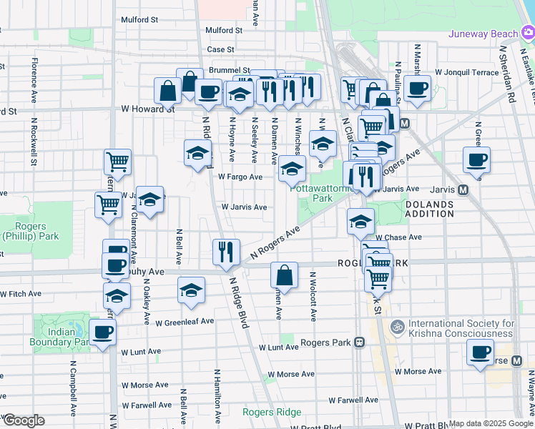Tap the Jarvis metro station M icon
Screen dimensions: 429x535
(463, 190)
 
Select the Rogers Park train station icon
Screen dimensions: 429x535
(359, 342)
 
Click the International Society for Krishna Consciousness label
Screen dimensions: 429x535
(461, 328)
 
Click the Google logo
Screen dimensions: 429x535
(23, 420)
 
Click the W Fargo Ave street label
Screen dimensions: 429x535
(240, 177)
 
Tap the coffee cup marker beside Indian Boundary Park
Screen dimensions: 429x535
(102, 332)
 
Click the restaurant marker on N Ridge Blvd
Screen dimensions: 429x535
(226, 252)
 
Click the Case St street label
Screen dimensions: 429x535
(220, 49)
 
